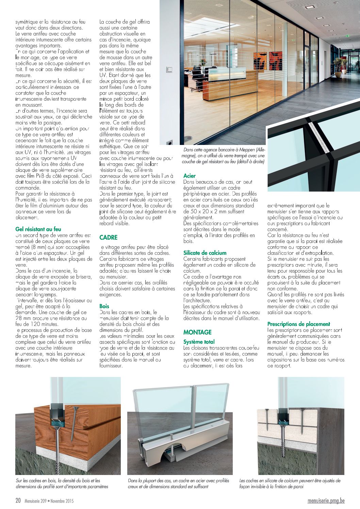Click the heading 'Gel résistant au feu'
38,229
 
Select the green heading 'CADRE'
108,237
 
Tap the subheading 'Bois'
104,306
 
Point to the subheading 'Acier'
190,176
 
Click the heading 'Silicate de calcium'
205,253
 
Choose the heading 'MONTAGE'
197,332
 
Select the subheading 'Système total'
199,342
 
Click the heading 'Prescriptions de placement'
299,324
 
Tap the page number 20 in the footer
18,501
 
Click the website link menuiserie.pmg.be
326,501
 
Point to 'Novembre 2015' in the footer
62,501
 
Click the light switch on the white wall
169,70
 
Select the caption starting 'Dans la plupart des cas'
178,483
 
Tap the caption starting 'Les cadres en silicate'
290,483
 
